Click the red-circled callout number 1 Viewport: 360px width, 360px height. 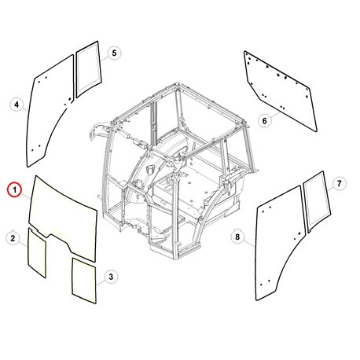(15, 189)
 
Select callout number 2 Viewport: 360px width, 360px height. (13, 238)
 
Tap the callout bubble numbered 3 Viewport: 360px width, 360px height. (111, 277)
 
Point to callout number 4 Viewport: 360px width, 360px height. (17, 105)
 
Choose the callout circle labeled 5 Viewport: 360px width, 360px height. (114, 53)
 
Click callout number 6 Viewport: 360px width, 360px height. (264, 121)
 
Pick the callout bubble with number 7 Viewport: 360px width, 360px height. (339, 183)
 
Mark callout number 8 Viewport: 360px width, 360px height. (237, 237)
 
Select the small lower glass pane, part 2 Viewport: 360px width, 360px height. (37, 253)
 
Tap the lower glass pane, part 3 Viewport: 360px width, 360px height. (84, 281)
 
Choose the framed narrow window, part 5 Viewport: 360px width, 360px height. (89, 69)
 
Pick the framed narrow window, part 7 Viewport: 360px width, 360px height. (318, 201)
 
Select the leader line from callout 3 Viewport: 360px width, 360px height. (101, 282)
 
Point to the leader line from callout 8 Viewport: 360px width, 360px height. (249, 243)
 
